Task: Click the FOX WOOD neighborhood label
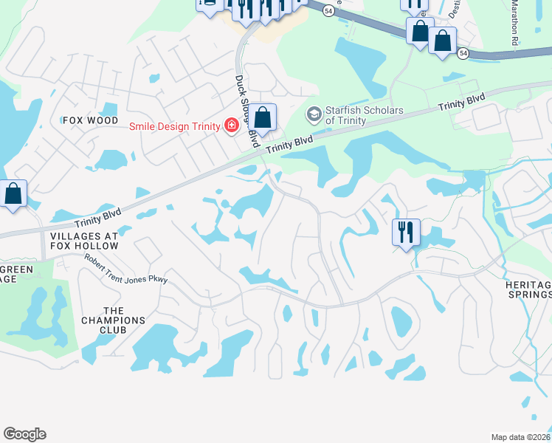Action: [x=91, y=120]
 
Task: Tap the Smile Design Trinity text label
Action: [x=175, y=126]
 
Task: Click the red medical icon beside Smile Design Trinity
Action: [x=232, y=126]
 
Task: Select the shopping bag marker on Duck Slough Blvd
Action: [x=262, y=117]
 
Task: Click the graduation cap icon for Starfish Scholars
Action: [x=314, y=114]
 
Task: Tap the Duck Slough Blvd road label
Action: [x=246, y=106]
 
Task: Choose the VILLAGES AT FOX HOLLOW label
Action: [x=83, y=241]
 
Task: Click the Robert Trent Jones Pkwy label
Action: [x=126, y=268]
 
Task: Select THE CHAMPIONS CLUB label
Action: [x=124, y=320]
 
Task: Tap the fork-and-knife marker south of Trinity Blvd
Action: [x=406, y=233]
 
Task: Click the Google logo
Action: [x=24, y=434]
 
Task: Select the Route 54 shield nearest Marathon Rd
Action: [x=463, y=53]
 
